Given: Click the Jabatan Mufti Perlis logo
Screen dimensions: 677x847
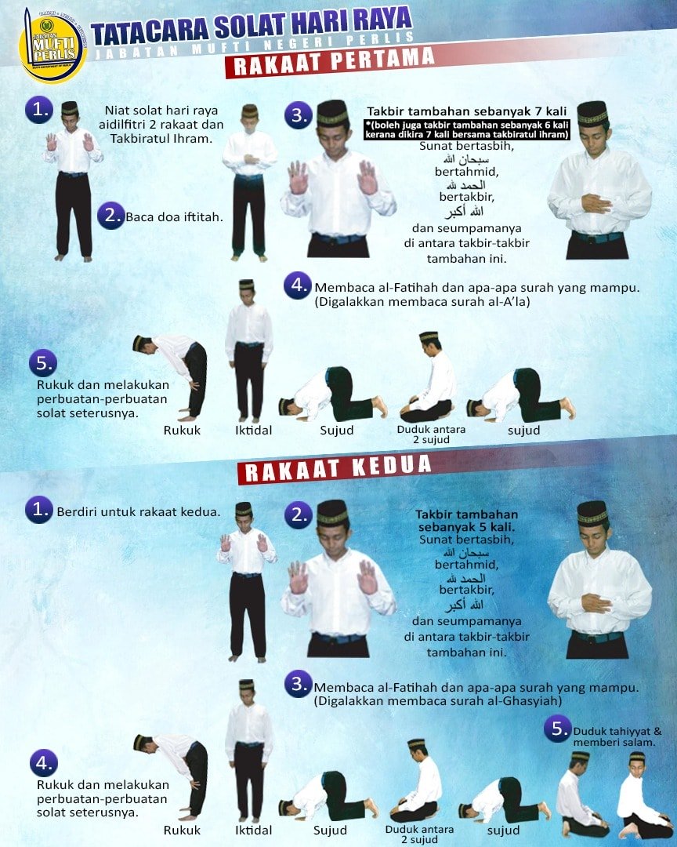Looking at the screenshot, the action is pyautogui.click(x=52, y=47).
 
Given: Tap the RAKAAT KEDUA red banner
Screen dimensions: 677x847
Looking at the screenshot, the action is pyautogui.click(x=335, y=468).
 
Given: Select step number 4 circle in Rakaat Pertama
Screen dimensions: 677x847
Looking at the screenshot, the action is pyautogui.click(x=298, y=285).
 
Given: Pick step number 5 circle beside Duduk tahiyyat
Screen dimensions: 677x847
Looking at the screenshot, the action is pyautogui.click(x=558, y=729).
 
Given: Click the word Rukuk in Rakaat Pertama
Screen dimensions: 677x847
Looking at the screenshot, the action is pyautogui.click(x=182, y=431).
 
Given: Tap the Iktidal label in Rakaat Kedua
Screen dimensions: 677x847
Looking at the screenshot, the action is pyautogui.click(x=253, y=831).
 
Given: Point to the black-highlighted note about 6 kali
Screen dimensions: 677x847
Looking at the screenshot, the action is pyautogui.click(x=466, y=129).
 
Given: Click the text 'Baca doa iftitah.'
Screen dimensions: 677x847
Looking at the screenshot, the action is pyautogui.click(x=174, y=217).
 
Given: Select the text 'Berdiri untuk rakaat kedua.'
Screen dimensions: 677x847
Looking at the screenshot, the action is pyautogui.click(x=139, y=511).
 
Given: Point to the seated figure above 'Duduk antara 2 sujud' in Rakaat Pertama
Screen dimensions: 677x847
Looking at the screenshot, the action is pyautogui.click(x=430, y=377).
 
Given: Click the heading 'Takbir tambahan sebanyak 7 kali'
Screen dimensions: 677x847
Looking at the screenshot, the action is pyautogui.click(x=466, y=111).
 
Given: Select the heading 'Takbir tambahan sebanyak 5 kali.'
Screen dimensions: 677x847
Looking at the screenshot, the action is pyautogui.click(x=466, y=521).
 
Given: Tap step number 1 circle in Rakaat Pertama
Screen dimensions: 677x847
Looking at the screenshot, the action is pyautogui.click(x=39, y=110).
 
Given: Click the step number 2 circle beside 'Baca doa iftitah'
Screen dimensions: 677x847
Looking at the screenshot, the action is pyautogui.click(x=111, y=216).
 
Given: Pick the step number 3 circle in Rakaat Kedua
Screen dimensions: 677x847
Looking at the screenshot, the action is pyautogui.click(x=298, y=684).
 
